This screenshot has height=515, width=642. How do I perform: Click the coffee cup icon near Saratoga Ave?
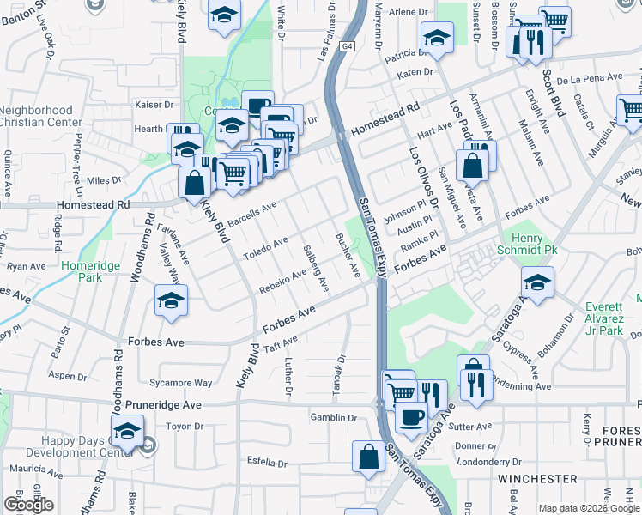point(410,417)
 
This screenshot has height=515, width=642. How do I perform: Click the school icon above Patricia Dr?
point(437,37)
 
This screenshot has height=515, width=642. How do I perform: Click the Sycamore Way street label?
point(180,383)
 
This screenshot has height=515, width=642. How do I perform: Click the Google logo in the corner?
point(28,505)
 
